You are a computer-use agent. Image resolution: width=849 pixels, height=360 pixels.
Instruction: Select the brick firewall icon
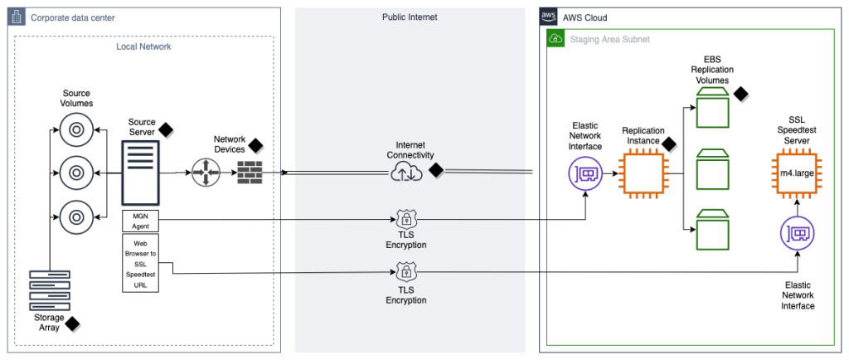[250, 173]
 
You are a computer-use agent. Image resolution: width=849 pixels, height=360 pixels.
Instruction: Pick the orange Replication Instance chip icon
[644, 174]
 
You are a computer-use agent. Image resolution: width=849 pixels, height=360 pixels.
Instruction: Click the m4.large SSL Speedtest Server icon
[798, 174]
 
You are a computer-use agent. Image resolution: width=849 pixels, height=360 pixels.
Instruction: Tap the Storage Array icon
[50, 289]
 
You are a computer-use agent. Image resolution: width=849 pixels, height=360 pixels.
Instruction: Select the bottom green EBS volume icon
[712, 230]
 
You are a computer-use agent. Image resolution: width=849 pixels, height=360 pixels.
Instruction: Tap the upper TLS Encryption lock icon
[406, 220]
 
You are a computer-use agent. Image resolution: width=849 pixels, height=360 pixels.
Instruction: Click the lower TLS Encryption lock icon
[406, 272]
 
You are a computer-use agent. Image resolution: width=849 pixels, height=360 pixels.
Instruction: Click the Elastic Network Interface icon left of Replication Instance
[585, 174]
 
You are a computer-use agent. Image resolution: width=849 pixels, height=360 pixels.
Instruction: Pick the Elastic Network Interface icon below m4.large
[798, 233]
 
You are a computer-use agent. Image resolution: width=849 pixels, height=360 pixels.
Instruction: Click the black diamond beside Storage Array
[73, 324]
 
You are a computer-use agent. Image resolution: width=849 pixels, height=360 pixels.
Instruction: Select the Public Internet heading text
[410, 17]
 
